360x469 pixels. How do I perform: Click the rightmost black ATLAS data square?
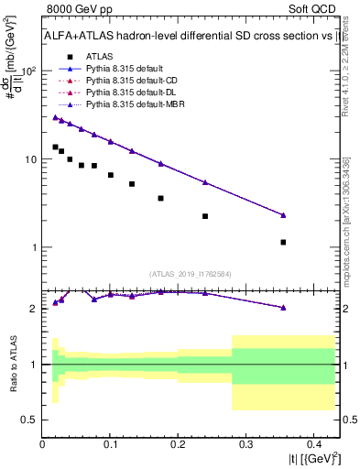click(x=283, y=242)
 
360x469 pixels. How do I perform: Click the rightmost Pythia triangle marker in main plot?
click(x=283, y=215)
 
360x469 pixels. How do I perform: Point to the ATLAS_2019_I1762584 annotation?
click(x=191, y=273)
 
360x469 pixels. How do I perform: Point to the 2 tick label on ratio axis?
click(x=35, y=309)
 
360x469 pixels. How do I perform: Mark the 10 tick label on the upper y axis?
click(x=28, y=159)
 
